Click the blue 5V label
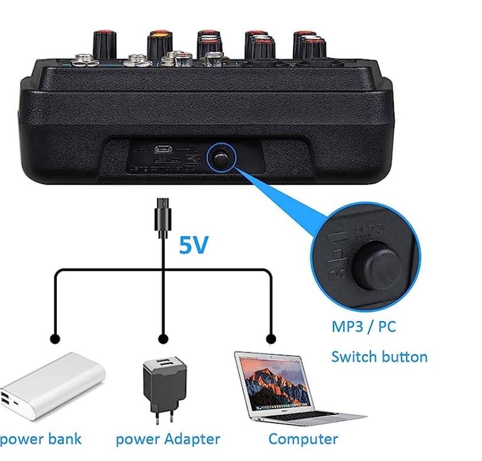[x=194, y=245]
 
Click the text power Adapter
[x=168, y=439]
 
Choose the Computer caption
[x=303, y=439]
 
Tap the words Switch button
[x=379, y=357]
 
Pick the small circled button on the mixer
[x=221, y=157]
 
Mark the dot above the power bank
[x=55, y=339]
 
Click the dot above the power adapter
[x=164, y=339]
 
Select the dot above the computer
[x=271, y=339]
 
